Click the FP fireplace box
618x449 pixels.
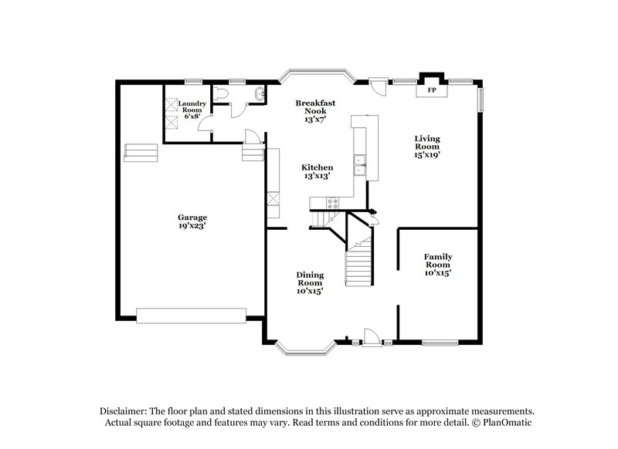click(432, 90)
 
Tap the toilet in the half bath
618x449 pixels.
click(222, 94)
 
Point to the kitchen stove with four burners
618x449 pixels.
click(333, 204)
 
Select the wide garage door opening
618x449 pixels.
click(191, 315)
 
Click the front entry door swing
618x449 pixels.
click(372, 334)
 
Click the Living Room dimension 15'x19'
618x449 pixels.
click(427, 155)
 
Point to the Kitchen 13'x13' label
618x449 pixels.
click(317, 171)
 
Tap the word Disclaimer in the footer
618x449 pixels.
click(124, 411)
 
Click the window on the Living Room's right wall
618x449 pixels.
click(480, 99)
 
